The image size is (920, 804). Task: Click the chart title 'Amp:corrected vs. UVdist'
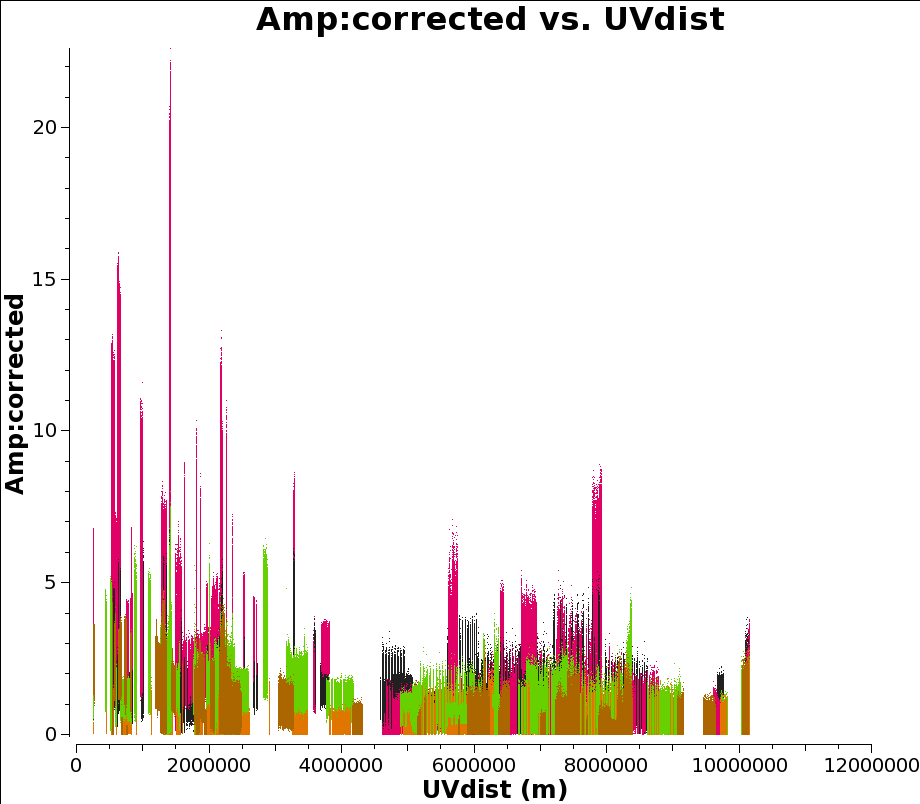tap(490, 19)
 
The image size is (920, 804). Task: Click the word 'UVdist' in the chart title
tap(664, 19)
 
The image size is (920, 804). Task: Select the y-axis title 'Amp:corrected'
tap(15, 394)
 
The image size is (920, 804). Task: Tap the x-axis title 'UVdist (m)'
tap(495, 789)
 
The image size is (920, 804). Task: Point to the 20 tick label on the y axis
tap(44, 127)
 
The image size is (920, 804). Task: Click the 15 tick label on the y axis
tap(44, 279)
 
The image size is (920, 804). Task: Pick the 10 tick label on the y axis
tap(44, 430)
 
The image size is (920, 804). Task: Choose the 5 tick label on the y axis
tap(50, 582)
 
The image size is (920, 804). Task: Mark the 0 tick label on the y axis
tap(50, 734)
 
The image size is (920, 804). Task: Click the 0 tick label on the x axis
tap(76, 765)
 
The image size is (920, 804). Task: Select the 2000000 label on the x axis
tap(208, 765)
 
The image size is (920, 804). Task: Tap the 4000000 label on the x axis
tap(341, 765)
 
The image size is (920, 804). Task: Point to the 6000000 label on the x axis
tap(473, 765)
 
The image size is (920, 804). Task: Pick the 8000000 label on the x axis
tap(606, 765)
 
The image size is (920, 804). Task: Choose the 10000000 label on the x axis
tap(739, 765)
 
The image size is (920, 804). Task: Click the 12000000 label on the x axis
tap(871, 765)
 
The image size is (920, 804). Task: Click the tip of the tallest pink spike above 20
tap(171, 49)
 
